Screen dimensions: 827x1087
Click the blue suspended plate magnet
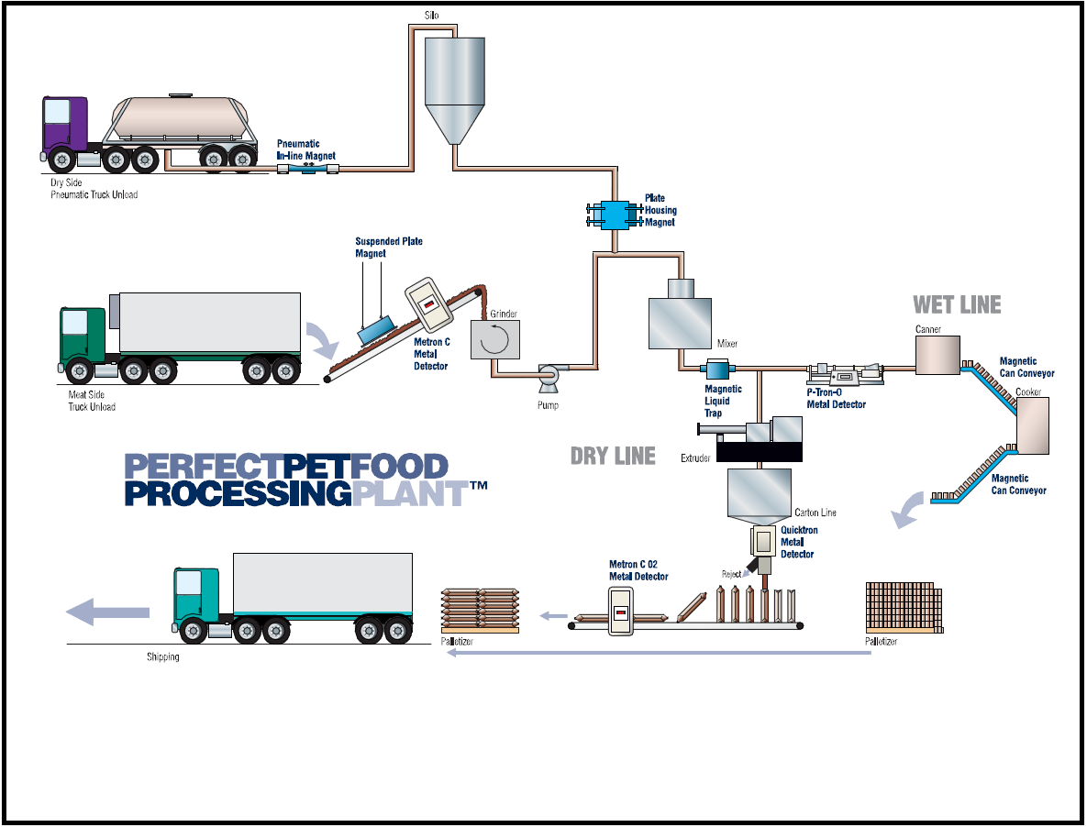(x=375, y=330)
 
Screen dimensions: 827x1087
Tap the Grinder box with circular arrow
(x=494, y=340)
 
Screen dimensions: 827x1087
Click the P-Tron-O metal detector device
(x=842, y=374)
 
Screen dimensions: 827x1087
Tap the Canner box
(x=937, y=356)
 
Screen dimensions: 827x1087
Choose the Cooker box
(x=1033, y=426)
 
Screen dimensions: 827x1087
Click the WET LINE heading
(x=957, y=304)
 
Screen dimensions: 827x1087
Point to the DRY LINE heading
(x=613, y=456)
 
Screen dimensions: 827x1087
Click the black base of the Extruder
(x=759, y=451)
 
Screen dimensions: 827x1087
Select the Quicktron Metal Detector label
(x=798, y=542)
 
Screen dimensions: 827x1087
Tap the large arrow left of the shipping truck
(x=108, y=612)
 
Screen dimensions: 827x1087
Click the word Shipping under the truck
(x=163, y=657)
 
